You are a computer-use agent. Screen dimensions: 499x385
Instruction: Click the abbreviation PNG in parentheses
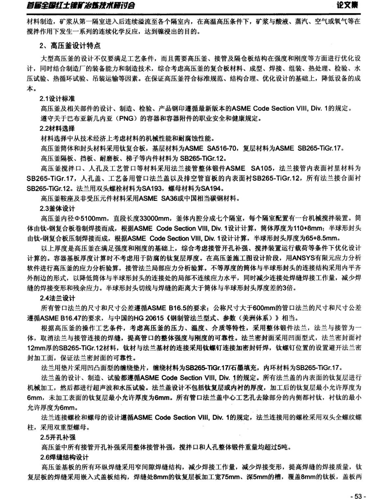[126, 118]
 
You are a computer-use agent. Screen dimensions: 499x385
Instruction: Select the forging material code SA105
[262, 169]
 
